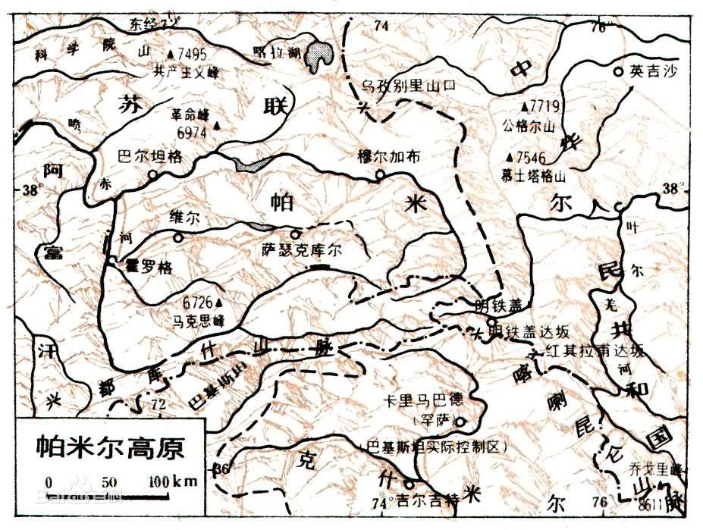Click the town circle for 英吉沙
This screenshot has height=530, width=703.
[619, 71]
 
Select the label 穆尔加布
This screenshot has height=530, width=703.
[388, 157]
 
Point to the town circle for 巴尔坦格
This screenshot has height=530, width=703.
[153, 174]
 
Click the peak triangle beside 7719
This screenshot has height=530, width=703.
[524, 107]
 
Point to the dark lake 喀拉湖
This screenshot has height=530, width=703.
[323, 57]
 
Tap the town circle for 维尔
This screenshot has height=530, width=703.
[178, 238]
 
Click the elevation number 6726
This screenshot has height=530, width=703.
[196, 301]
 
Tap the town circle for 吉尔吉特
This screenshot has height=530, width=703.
[410, 483]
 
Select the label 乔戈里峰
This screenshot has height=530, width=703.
[646, 469]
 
